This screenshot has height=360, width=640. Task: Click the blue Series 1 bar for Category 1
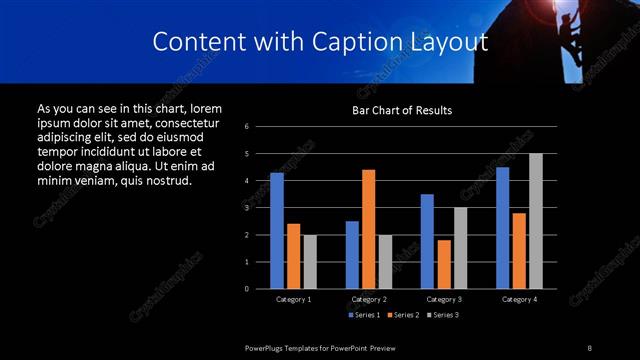pyautogui.click(x=277, y=231)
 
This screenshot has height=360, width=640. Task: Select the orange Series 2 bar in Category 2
pyautogui.click(x=369, y=229)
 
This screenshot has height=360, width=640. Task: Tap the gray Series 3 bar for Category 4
pyautogui.click(x=536, y=221)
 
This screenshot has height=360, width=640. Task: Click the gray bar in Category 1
pyautogui.click(x=310, y=262)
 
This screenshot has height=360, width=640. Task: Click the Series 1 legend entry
pyautogui.click(x=363, y=315)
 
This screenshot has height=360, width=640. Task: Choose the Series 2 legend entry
pyautogui.click(x=402, y=315)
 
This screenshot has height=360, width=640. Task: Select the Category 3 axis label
pyautogui.click(x=444, y=299)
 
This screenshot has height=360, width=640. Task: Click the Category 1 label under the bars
pyautogui.click(x=294, y=299)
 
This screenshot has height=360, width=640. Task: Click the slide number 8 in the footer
pyautogui.click(x=589, y=347)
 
